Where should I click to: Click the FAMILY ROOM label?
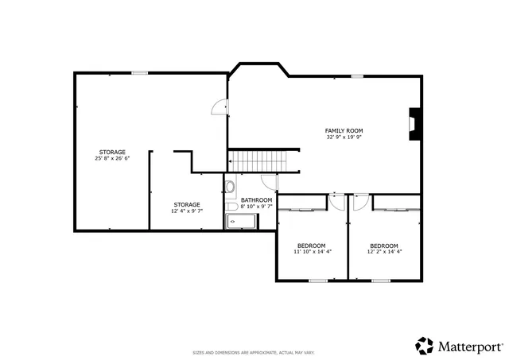[x=344, y=130]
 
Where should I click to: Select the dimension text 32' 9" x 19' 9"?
[x=344, y=137]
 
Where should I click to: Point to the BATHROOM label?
[x=256, y=200]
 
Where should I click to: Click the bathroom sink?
[x=229, y=188]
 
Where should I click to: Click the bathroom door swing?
[x=269, y=182]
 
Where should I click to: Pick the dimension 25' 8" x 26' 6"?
[x=112, y=158]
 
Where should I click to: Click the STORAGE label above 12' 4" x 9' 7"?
[x=187, y=205]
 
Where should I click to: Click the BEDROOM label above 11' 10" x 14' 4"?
[x=311, y=246]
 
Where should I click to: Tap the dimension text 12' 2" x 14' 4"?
[x=384, y=252]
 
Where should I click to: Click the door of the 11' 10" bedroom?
[x=338, y=202]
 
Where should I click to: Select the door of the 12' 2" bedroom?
[x=360, y=202]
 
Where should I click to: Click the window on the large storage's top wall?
[x=140, y=73]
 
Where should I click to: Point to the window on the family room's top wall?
[x=358, y=76]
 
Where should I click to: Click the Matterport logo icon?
[x=424, y=346]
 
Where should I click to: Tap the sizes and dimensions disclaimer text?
[x=254, y=352]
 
